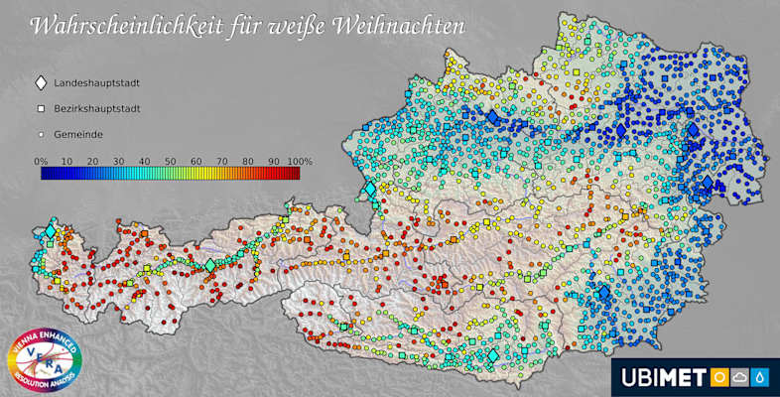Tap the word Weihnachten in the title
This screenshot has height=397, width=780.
406,25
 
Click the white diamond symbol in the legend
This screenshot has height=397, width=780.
41,85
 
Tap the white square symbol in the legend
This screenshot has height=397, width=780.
41,109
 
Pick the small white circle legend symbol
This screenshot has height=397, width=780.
41,133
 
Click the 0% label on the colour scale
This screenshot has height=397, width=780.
42,160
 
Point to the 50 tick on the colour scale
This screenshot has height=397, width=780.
170,160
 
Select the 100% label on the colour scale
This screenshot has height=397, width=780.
300,160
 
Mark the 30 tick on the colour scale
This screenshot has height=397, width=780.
118,160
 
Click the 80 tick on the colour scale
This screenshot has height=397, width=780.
247,160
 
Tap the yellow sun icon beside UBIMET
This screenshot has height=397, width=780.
716,377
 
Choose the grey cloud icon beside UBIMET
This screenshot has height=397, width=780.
738,377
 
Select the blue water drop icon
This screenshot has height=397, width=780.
760,377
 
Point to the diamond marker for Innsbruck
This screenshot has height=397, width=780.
209,265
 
